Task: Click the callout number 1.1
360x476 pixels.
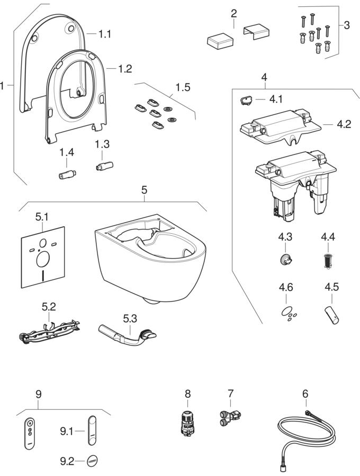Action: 105,33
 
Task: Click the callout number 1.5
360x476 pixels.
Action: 183,87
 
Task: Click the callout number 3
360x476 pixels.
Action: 346,25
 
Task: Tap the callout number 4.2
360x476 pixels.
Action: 344,124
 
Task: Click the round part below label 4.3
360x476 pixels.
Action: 286,259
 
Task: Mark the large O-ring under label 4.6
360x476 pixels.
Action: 286,310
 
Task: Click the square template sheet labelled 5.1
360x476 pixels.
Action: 42,257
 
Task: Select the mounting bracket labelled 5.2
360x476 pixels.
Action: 49,331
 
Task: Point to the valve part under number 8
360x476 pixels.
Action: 187,423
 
